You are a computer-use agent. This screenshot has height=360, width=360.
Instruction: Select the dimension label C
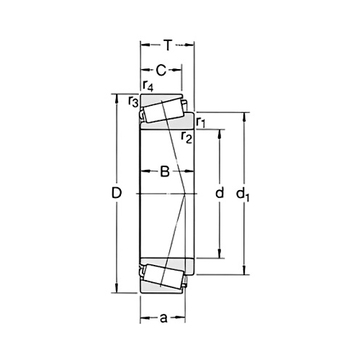[x=161, y=70]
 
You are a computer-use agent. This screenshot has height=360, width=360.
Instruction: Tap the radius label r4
[x=148, y=86]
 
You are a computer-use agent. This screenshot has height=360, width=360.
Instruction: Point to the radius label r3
[x=133, y=102]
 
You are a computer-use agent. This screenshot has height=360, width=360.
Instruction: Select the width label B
[x=164, y=171]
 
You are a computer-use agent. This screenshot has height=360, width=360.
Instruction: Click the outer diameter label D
[x=118, y=193]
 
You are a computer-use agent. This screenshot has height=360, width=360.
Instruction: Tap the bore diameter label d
[x=220, y=193]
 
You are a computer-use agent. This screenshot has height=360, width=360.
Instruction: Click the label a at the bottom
[x=164, y=316]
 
